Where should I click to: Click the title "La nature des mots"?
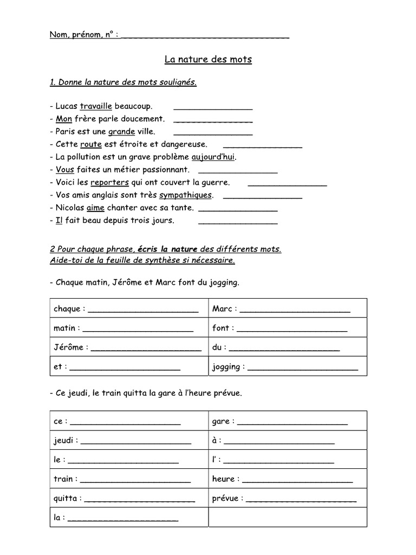(x=208, y=60)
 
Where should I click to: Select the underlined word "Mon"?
(x=64, y=119)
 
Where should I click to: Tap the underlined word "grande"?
(x=121, y=132)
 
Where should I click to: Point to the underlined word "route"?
(x=91, y=145)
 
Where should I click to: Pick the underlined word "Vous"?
(x=64, y=170)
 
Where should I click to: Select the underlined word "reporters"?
(x=109, y=183)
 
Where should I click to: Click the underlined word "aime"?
(x=95, y=208)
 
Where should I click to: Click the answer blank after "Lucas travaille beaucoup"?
(x=213, y=107)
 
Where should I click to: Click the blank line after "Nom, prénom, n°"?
(x=206, y=36)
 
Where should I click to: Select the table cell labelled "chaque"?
(x=129, y=309)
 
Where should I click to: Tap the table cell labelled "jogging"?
(x=288, y=367)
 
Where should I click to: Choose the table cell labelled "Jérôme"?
(x=129, y=347)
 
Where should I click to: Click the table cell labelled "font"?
(x=288, y=328)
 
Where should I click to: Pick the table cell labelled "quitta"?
(x=129, y=498)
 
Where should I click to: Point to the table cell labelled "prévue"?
(x=288, y=498)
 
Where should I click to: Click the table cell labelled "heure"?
(x=288, y=479)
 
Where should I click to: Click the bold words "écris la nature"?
(x=167, y=249)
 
